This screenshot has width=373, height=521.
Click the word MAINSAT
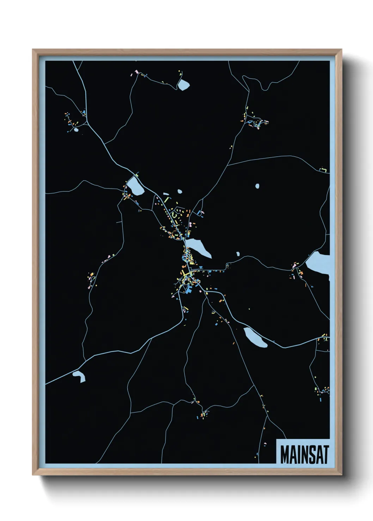(304, 454)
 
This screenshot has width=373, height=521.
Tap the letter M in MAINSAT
(285, 454)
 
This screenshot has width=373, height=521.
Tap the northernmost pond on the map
(183, 84)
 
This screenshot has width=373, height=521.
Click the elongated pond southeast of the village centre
(255, 337)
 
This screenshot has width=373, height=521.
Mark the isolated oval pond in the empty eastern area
(257, 186)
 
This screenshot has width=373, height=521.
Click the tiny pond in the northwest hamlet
(76, 130)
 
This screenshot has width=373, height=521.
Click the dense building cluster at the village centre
(187, 273)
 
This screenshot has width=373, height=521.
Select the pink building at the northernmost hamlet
(136, 72)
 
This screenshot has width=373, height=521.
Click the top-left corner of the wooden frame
(33, 50)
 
